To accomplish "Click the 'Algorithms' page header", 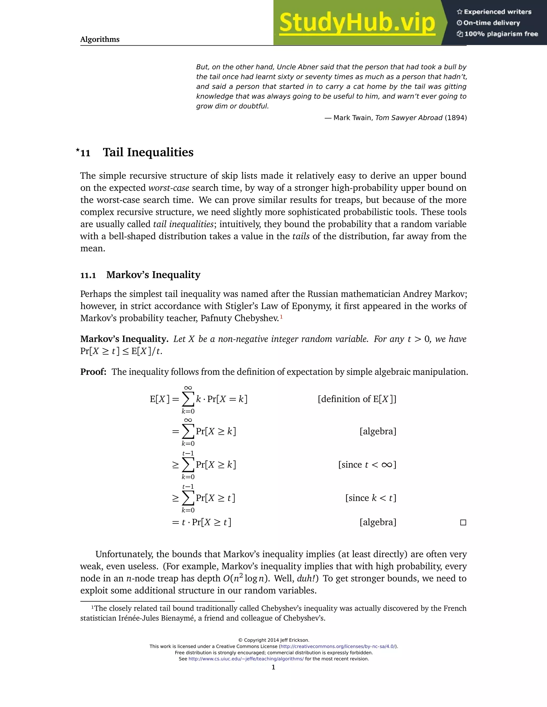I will click(100, 39).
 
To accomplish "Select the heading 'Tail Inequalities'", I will click(148, 152).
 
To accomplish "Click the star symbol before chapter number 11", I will click(77, 150).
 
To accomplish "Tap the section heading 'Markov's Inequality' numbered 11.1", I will click(153, 275).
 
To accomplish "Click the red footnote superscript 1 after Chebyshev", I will click(281, 317).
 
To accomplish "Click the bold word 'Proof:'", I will click(93, 372).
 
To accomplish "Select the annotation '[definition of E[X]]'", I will click(357, 399).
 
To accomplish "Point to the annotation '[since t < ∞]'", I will click(367, 465).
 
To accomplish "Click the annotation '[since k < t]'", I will click(371, 498).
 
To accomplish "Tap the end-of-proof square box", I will click(463, 522).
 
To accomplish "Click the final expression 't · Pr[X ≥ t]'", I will click(206, 522).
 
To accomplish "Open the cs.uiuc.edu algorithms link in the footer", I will click(246, 659).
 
